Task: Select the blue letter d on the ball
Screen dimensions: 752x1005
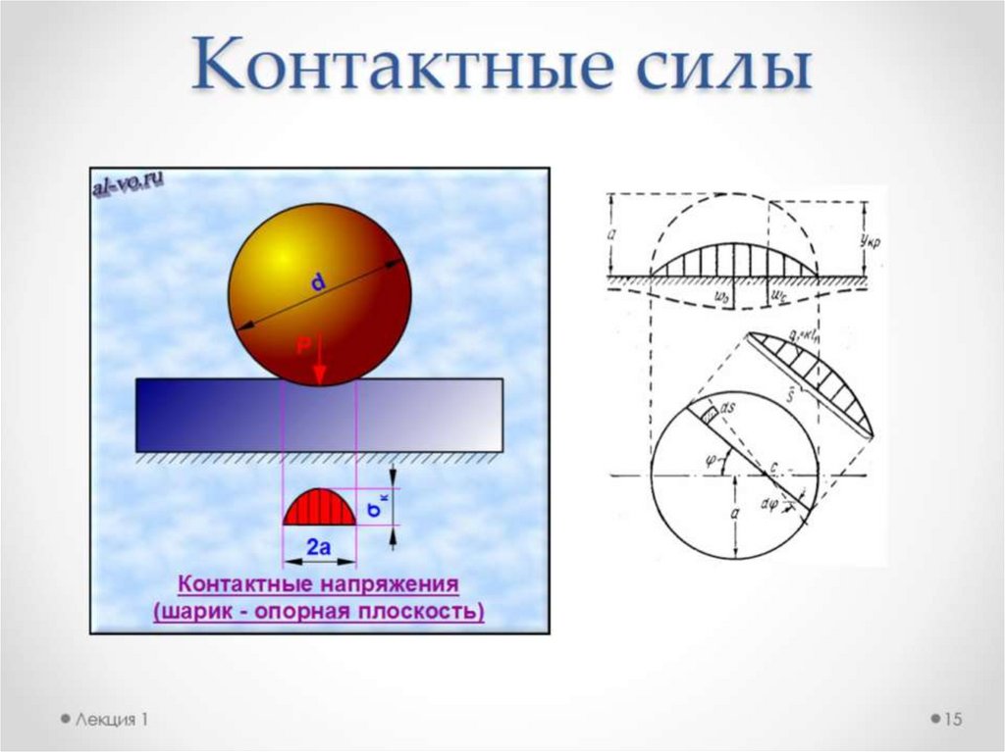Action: pyautogui.click(x=318, y=283)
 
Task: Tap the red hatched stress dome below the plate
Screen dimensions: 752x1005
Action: pyautogui.click(x=318, y=508)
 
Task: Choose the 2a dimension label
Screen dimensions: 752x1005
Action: pyautogui.click(x=319, y=548)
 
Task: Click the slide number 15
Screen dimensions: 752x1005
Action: pyautogui.click(x=952, y=720)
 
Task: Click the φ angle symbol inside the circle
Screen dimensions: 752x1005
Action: pyautogui.click(x=712, y=460)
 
